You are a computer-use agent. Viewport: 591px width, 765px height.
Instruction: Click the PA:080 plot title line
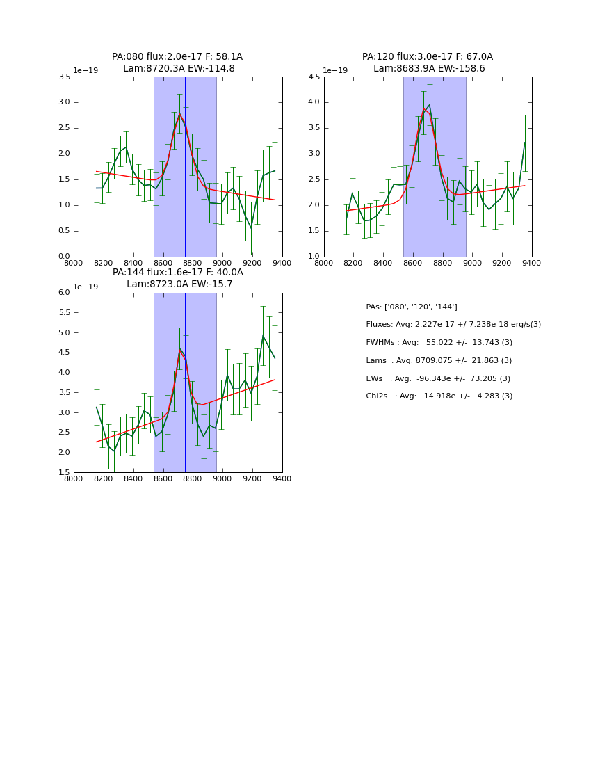click(177, 57)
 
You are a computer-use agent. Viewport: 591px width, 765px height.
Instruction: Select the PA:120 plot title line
click(427, 57)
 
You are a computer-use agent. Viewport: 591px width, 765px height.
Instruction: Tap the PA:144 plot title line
click(177, 273)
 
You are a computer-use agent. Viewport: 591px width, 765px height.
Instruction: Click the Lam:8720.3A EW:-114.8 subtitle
click(179, 69)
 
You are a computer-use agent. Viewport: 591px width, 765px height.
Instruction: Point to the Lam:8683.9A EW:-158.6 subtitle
click(429, 69)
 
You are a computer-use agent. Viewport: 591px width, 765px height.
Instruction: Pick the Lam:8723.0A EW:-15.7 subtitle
click(179, 284)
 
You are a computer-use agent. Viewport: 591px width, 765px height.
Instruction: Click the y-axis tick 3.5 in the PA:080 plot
click(64, 77)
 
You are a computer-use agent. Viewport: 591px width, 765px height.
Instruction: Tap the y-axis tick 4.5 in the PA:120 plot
click(314, 77)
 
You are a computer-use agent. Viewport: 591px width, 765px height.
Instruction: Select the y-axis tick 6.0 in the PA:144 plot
click(64, 293)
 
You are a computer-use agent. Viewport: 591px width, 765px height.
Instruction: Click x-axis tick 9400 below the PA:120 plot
click(532, 263)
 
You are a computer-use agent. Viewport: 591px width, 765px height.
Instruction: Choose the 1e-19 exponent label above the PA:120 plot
click(335, 70)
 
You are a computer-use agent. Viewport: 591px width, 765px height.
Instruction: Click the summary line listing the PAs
click(412, 307)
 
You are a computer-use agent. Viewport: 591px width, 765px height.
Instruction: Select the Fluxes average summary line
click(453, 325)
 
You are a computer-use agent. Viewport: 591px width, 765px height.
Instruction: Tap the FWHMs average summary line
click(439, 343)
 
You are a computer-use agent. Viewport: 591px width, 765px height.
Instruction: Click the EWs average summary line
click(438, 378)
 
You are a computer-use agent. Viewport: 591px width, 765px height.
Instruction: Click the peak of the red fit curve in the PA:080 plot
click(179, 113)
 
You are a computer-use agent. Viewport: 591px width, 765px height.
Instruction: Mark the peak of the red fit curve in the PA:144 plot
click(179, 349)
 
